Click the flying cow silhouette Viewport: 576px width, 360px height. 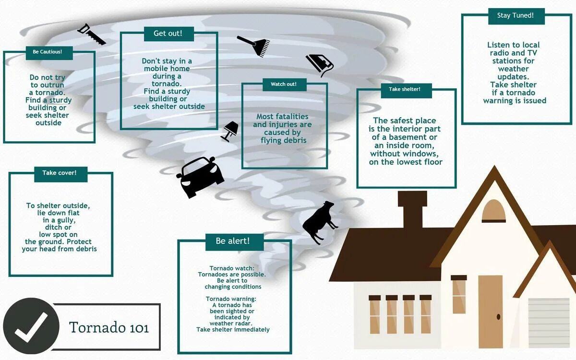(x=319, y=222)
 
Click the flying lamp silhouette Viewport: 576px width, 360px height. (x=230, y=131)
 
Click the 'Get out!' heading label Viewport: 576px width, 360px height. (x=167, y=33)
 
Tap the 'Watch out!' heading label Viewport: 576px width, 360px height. (x=284, y=84)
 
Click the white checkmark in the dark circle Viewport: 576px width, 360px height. (x=31, y=326)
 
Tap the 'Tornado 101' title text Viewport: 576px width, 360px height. (x=109, y=327)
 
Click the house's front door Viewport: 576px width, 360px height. (x=490, y=312)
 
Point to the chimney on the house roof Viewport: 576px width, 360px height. (x=412, y=209)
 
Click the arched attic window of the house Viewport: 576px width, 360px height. (x=494, y=211)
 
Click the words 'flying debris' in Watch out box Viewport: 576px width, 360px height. (x=283, y=140)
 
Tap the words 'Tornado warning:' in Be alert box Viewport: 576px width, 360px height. (x=233, y=299)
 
